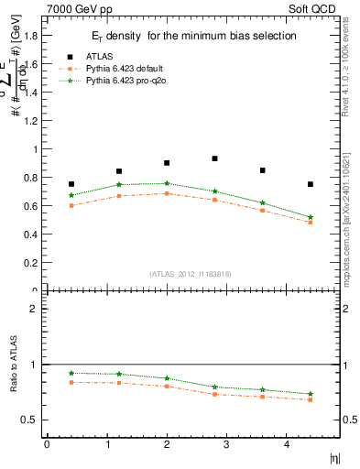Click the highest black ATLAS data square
pyautogui.click(x=214, y=158)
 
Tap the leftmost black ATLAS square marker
pyautogui.click(x=71, y=184)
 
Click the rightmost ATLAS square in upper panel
pyautogui.click(x=311, y=184)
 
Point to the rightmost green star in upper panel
pyautogui.click(x=311, y=217)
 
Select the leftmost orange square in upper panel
pyautogui.click(x=71, y=206)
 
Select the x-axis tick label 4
pyautogui.click(x=286, y=445)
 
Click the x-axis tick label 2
pyautogui.click(x=167, y=445)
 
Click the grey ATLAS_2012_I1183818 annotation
pyautogui.click(x=190, y=273)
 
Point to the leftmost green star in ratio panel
pyautogui.click(x=71, y=373)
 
